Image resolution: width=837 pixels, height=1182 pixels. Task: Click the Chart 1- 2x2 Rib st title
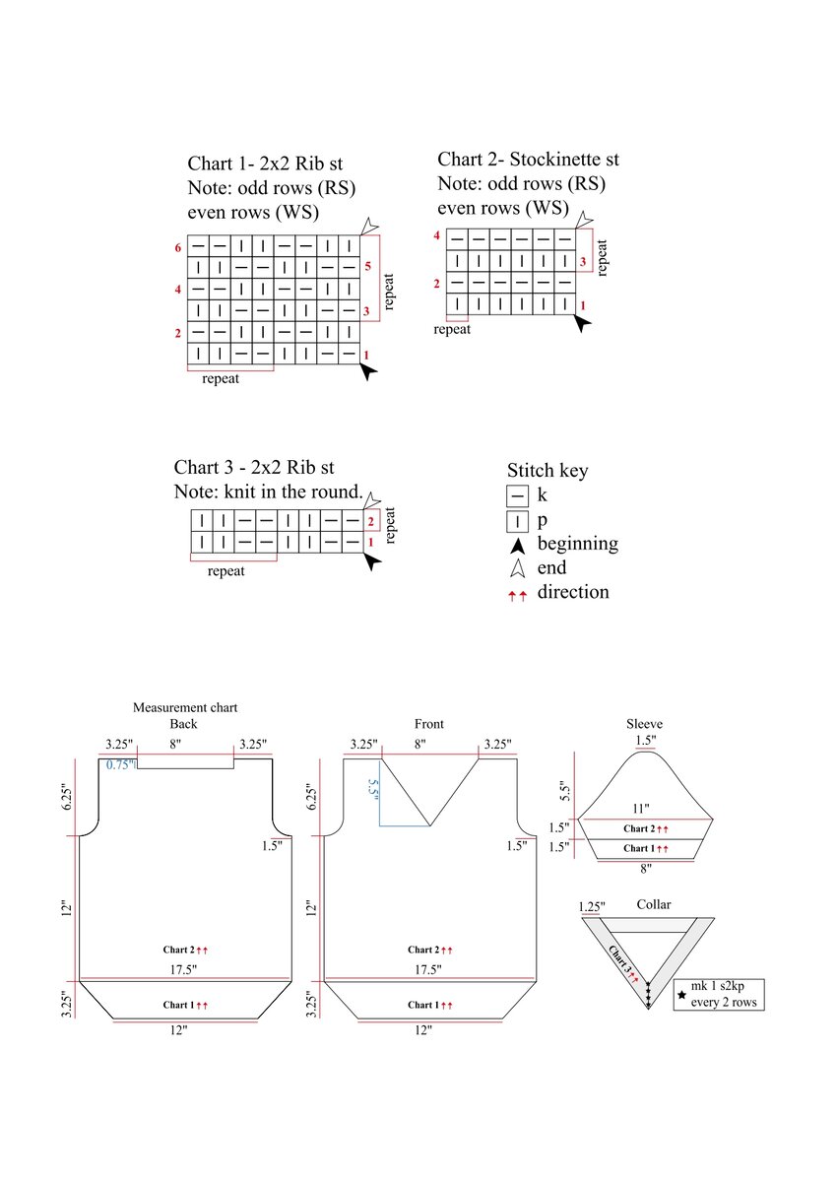(x=279, y=164)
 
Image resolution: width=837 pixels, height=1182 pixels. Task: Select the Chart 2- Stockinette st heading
(x=528, y=160)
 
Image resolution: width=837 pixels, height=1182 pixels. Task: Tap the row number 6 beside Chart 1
(x=178, y=247)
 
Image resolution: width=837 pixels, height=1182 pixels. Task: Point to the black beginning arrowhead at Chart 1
(x=368, y=371)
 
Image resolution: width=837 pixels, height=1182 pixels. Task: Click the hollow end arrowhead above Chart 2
(x=584, y=219)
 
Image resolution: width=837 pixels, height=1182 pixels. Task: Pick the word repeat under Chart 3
(x=226, y=570)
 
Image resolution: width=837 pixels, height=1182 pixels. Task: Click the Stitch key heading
(x=547, y=470)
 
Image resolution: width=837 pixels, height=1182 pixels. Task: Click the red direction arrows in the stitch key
(x=518, y=595)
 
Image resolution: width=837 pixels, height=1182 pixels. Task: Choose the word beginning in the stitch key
(x=578, y=544)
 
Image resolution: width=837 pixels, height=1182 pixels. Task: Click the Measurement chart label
(x=185, y=707)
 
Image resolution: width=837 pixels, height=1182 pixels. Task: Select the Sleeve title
(x=645, y=724)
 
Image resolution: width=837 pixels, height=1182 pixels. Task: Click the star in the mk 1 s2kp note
(x=680, y=995)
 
